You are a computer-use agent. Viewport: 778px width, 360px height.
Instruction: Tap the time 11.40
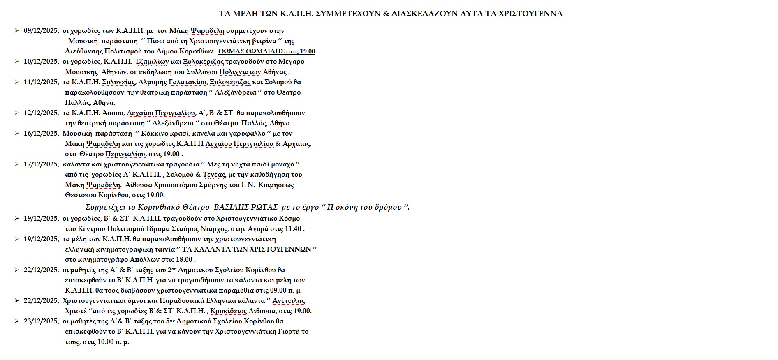pos(292,229)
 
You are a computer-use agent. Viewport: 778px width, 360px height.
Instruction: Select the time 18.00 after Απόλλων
pos(183,260)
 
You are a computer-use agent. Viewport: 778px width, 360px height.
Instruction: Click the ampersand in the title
pos(386,14)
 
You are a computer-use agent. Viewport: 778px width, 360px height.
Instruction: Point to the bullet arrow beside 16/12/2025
pos(16,133)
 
